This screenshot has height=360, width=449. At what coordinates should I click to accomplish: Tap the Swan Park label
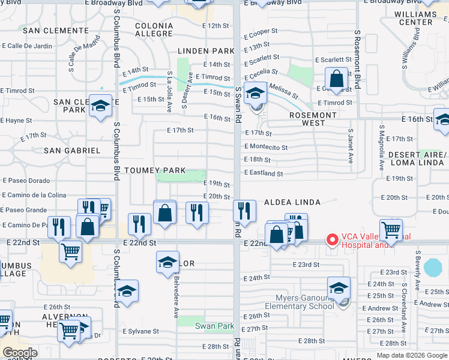pyautogui.click(x=214, y=326)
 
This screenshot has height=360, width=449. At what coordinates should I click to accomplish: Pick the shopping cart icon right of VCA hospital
pyautogui.click(x=391, y=230)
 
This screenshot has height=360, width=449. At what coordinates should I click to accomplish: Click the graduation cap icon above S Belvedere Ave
pyautogui.click(x=167, y=262)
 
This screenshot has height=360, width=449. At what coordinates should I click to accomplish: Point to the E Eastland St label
pyautogui.click(x=263, y=174)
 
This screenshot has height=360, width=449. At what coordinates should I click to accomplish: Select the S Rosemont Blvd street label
pyautogui.click(x=357, y=60)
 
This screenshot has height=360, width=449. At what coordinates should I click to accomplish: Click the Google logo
pyautogui.click(x=20, y=353)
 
